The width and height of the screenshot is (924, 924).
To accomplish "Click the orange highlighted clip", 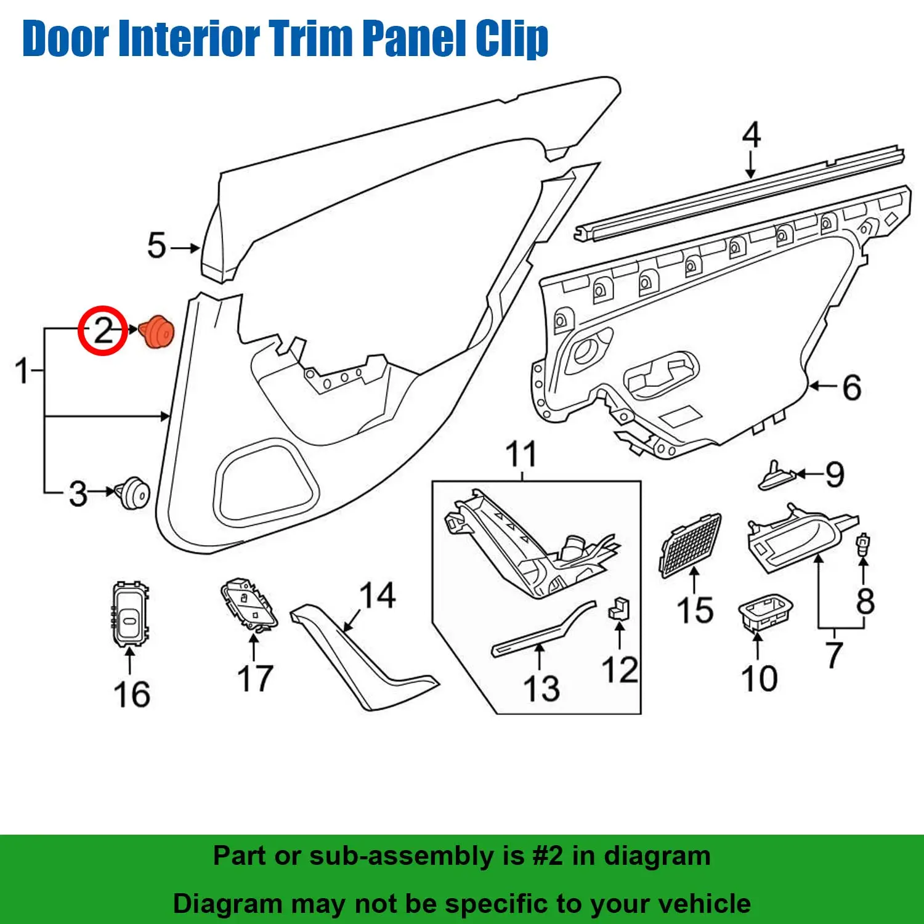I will (x=157, y=332).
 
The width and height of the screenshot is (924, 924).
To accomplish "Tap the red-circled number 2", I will (x=103, y=330).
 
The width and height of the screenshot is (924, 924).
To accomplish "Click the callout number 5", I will (x=156, y=246).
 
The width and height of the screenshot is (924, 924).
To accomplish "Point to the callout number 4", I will (x=751, y=135).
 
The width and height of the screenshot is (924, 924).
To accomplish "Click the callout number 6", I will (x=852, y=387).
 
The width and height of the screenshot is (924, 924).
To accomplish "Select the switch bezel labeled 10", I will (x=765, y=613).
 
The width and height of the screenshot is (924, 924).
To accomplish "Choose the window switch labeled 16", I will (x=130, y=614).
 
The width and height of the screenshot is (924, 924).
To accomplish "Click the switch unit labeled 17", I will (x=249, y=604).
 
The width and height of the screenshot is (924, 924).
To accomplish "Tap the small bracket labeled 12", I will (x=619, y=609).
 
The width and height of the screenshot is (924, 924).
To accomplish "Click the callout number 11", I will (x=521, y=455).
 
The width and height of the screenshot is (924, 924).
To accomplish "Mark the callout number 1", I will (x=22, y=371).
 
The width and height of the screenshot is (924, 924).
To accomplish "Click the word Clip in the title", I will (x=511, y=38).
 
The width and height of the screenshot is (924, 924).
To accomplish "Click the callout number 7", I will (x=834, y=654).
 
